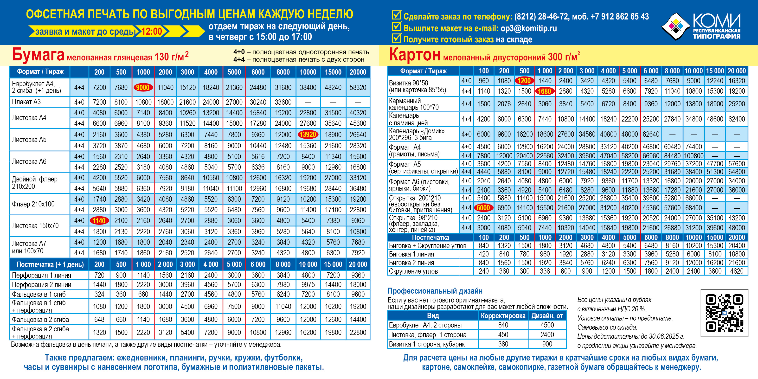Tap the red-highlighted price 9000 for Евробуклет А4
[143, 87]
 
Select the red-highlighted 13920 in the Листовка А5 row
[308, 135]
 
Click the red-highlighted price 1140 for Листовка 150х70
[99, 220]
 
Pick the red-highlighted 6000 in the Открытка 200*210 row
[483, 208]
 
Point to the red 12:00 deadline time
[152, 31]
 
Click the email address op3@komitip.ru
[529, 28]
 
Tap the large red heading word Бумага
[38, 54]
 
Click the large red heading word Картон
[415, 54]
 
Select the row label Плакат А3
[26, 102]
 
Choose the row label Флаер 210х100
[33, 204]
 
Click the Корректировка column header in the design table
[503, 316]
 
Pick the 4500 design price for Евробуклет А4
[547, 325]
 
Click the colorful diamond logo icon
[676, 26]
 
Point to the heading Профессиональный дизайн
[435, 291]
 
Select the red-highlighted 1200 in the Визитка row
[524, 81]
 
